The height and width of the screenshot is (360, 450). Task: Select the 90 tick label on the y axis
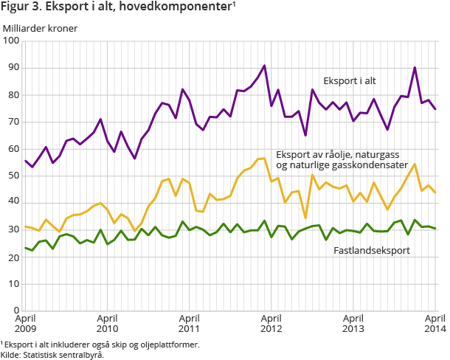13,68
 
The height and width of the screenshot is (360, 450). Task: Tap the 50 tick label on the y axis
13,176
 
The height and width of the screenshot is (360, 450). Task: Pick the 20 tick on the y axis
13,257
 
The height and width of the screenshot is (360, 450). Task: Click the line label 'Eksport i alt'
351,80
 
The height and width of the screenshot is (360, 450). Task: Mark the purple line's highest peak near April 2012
264,66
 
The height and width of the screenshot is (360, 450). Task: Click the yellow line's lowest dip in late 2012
305,218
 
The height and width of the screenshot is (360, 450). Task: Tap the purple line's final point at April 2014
435,109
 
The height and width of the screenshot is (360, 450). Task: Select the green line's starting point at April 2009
26,248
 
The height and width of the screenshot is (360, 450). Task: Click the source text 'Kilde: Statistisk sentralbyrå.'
52,354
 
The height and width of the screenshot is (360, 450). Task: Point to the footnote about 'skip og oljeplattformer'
100,345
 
